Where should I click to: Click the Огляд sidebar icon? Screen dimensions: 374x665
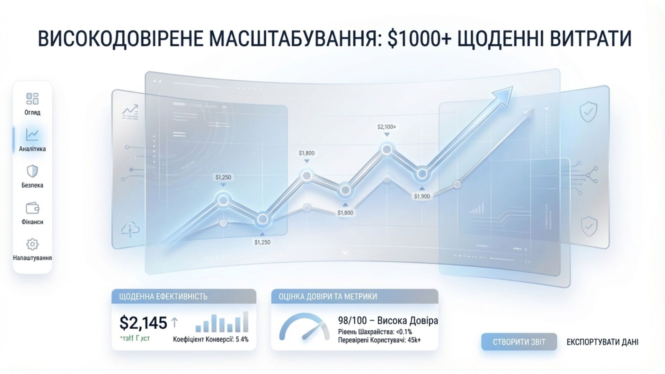(x=32, y=99)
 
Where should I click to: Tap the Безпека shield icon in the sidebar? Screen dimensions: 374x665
(x=32, y=171)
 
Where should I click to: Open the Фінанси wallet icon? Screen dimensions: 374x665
(x=33, y=208)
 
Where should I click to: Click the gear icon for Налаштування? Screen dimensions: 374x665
(x=33, y=244)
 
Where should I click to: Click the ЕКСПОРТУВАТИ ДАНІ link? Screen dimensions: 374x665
(x=602, y=342)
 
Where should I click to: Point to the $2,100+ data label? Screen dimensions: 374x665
(x=387, y=127)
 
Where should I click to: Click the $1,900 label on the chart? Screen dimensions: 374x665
(x=422, y=196)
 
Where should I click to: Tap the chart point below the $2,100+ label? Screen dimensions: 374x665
(x=387, y=150)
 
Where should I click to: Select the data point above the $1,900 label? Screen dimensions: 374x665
(x=422, y=173)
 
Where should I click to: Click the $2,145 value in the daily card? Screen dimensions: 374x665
(x=143, y=323)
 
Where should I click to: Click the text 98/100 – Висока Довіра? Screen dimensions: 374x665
(x=388, y=321)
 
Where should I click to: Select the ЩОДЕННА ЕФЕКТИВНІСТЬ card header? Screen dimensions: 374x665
(x=184, y=296)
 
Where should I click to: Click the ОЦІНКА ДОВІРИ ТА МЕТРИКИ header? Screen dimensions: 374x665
(x=354, y=296)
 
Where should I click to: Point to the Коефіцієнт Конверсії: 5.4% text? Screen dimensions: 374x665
(x=211, y=339)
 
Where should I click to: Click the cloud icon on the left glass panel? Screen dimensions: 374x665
(x=130, y=230)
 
